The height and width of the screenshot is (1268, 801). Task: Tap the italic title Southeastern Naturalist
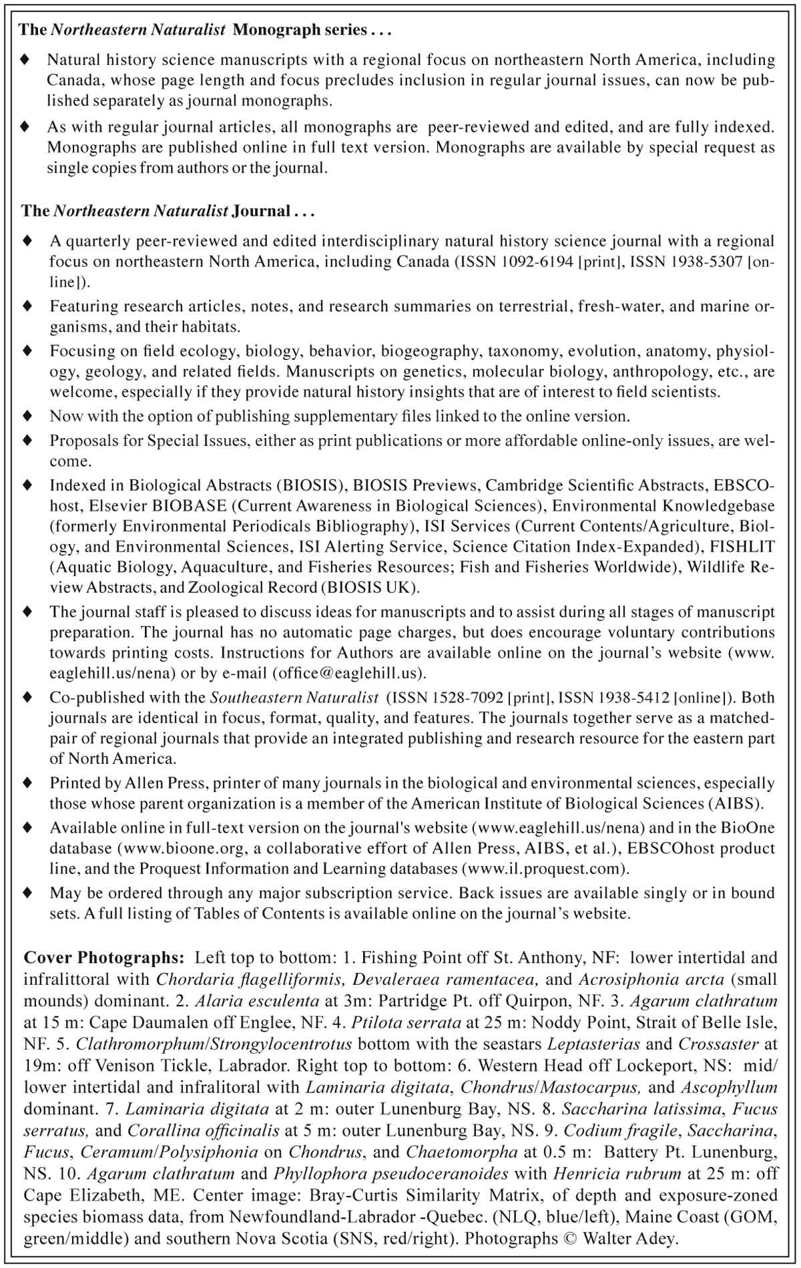coord(294,698)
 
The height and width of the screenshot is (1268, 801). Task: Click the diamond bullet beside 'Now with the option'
coord(27,416)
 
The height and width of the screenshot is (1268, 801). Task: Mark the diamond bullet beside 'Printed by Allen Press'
coord(27,782)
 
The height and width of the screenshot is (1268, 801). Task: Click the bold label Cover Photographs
coord(103,958)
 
